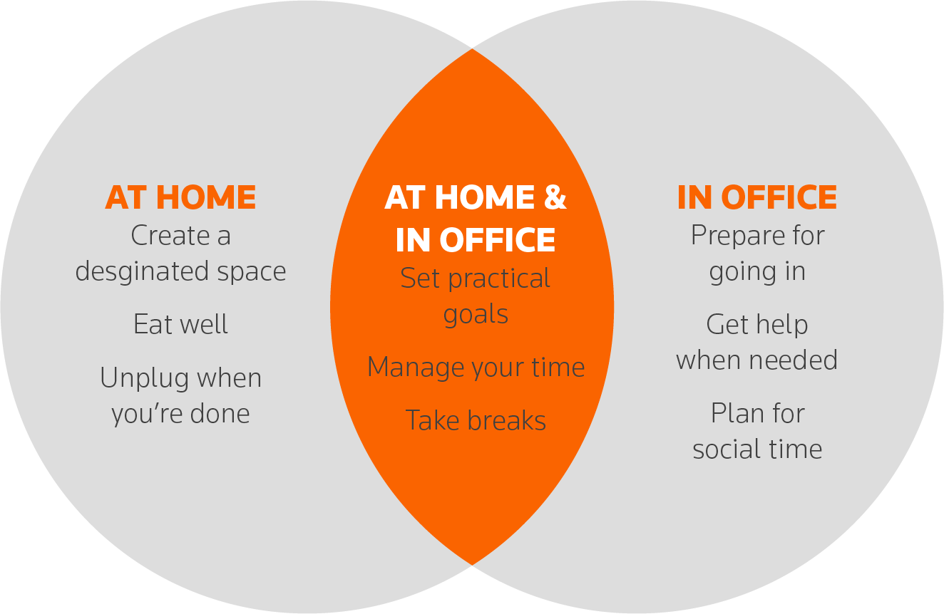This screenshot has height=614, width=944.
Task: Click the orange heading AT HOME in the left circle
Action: click(180, 197)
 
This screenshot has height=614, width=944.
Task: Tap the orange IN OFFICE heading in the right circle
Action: click(757, 197)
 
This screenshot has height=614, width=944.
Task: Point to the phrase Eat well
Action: click(181, 324)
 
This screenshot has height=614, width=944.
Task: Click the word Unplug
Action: click(145, 378)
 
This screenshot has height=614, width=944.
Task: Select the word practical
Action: click(499, 279)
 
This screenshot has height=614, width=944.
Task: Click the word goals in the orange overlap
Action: click(476, 315)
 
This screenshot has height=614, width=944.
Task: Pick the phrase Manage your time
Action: click(476, 368)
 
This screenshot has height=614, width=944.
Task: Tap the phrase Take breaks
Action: click(476, 420)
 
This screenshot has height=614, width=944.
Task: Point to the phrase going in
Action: click(757, 271)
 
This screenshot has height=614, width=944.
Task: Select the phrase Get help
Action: click(757, 325)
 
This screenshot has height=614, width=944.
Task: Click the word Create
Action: click(170, 235)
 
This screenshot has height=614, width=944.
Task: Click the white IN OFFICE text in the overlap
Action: click(476, 240)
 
